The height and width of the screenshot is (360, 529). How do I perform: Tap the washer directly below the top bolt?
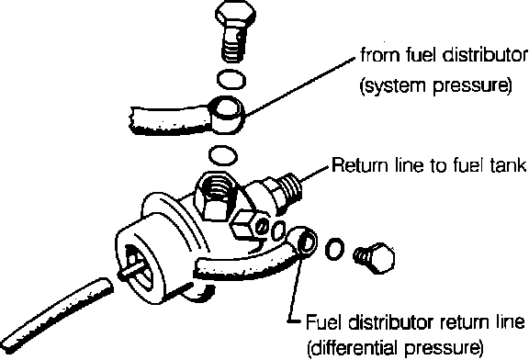(231, 80)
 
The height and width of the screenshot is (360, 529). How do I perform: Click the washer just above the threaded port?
(223, 156)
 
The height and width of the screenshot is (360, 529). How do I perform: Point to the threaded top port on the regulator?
(217, 196)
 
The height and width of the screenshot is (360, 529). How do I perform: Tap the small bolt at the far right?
(374, 258)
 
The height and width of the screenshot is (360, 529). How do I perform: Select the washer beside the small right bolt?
(334, 249)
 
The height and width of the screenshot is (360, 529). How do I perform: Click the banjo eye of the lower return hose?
(303, 242)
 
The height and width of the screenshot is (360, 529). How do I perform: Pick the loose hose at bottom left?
(56, 316)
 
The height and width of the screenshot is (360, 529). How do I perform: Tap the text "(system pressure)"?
(435, 86)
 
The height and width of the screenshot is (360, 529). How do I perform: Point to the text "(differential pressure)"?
(395, 348)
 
